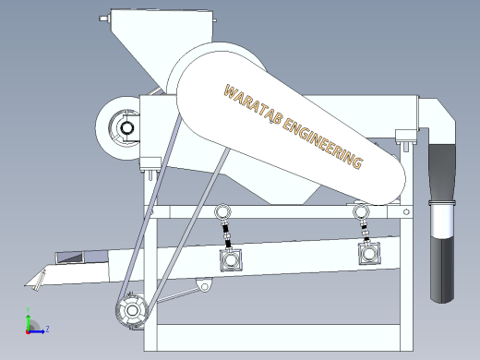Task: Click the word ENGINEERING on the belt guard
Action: pos(322,143)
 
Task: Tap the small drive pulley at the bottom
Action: pos(132,310)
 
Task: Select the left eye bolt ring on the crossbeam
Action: pos(222,211)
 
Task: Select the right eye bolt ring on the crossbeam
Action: pos(361,211)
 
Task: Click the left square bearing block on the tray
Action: pos(231,260)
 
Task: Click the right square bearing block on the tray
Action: pos(369,253)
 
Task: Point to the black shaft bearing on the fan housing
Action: pos(126,128)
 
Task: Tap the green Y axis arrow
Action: pos(28,320)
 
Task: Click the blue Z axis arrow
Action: pos(36,331)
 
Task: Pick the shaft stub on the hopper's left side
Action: pos(105,18)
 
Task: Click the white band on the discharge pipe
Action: pos(442,219)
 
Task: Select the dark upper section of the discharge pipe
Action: pos(442,173)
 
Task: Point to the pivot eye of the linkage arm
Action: pos(204,287)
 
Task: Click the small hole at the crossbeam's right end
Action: pos(406,211)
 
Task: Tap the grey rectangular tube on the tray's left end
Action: pos(81,258)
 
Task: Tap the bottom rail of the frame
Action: pos(279,338)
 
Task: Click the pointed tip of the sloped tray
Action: pos(25,286)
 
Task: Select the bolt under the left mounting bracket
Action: pos(150,175)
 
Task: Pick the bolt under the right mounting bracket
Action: pos(406,147)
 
